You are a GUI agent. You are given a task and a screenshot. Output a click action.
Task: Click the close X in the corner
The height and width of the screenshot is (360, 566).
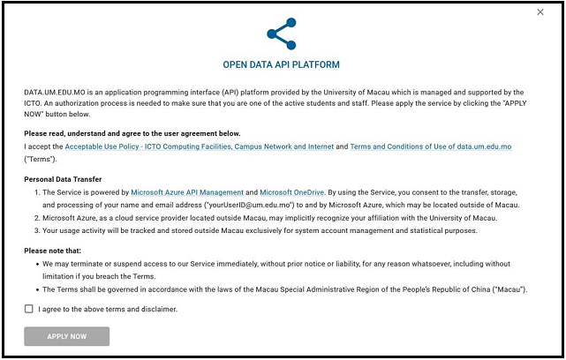[x=540, y=12]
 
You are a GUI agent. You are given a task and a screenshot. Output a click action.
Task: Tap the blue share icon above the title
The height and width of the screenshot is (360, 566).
[x=282, y=34]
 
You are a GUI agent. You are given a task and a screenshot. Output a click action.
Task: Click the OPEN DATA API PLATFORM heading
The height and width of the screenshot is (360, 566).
[x=282, y=65]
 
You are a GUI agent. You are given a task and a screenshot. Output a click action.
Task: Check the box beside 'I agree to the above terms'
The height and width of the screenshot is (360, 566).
[x=29, y=309]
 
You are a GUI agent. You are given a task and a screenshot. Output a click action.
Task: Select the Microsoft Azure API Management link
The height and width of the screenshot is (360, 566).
[x=187, y=191]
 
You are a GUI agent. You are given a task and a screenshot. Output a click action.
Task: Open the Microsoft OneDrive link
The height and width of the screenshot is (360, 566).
[x=292, y=191]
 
